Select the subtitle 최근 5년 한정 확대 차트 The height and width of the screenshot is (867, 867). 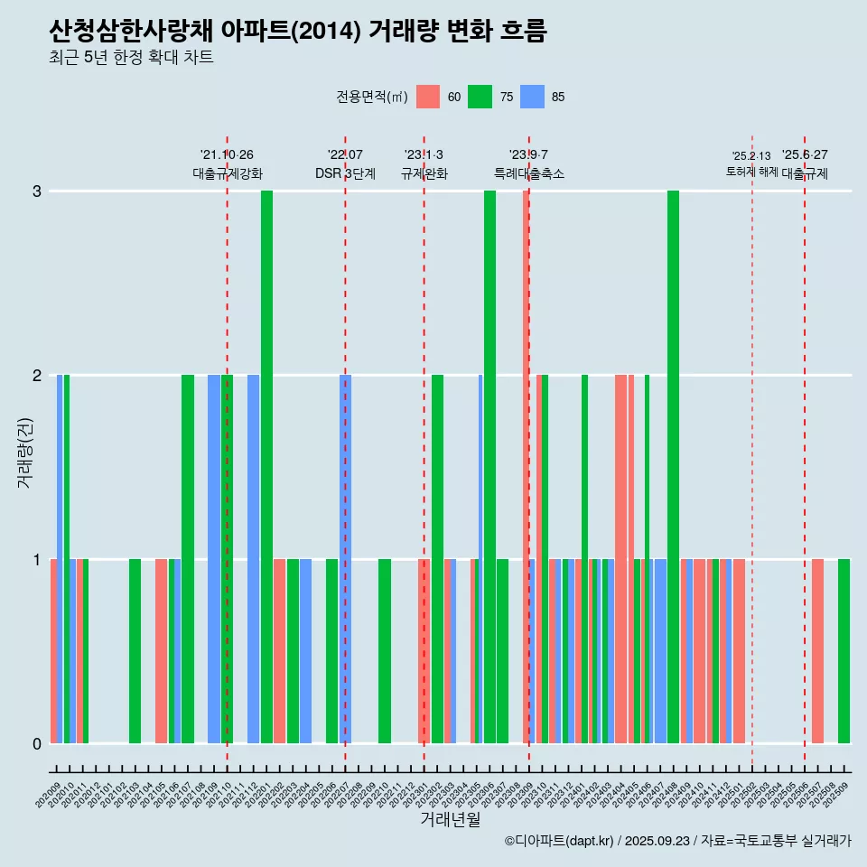click(x=132, y=59)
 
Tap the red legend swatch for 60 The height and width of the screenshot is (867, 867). click(x=428, y=97)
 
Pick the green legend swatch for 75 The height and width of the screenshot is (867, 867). click(x=480, y=97)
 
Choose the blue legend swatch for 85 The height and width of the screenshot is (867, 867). click(x=533, y=97)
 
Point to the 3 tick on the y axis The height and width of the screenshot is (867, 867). click(x=37, y=191)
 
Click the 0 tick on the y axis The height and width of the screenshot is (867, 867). click(x=37, y=743)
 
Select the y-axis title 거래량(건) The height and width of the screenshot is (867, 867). click(x=24, y=452)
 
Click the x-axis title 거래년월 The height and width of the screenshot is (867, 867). click(x=450, y=819)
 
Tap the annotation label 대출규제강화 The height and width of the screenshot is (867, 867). click(x=227, y=173)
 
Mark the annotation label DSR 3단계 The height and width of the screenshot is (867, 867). click(x=345, y=173)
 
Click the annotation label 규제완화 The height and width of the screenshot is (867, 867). click(x=424, y=173)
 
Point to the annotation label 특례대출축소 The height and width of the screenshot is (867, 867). click(x=528, y=173)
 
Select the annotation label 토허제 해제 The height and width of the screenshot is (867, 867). click(x=751, y=172)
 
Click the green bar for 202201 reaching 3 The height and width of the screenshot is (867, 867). click(x=266, y=467)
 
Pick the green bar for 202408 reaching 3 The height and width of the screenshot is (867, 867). click(x=673, y=467)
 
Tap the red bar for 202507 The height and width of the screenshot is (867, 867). click(x=817, y=650)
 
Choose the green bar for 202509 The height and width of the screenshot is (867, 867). click(x=844, y=650)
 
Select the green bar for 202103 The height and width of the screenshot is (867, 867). click(x=135, y=650)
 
